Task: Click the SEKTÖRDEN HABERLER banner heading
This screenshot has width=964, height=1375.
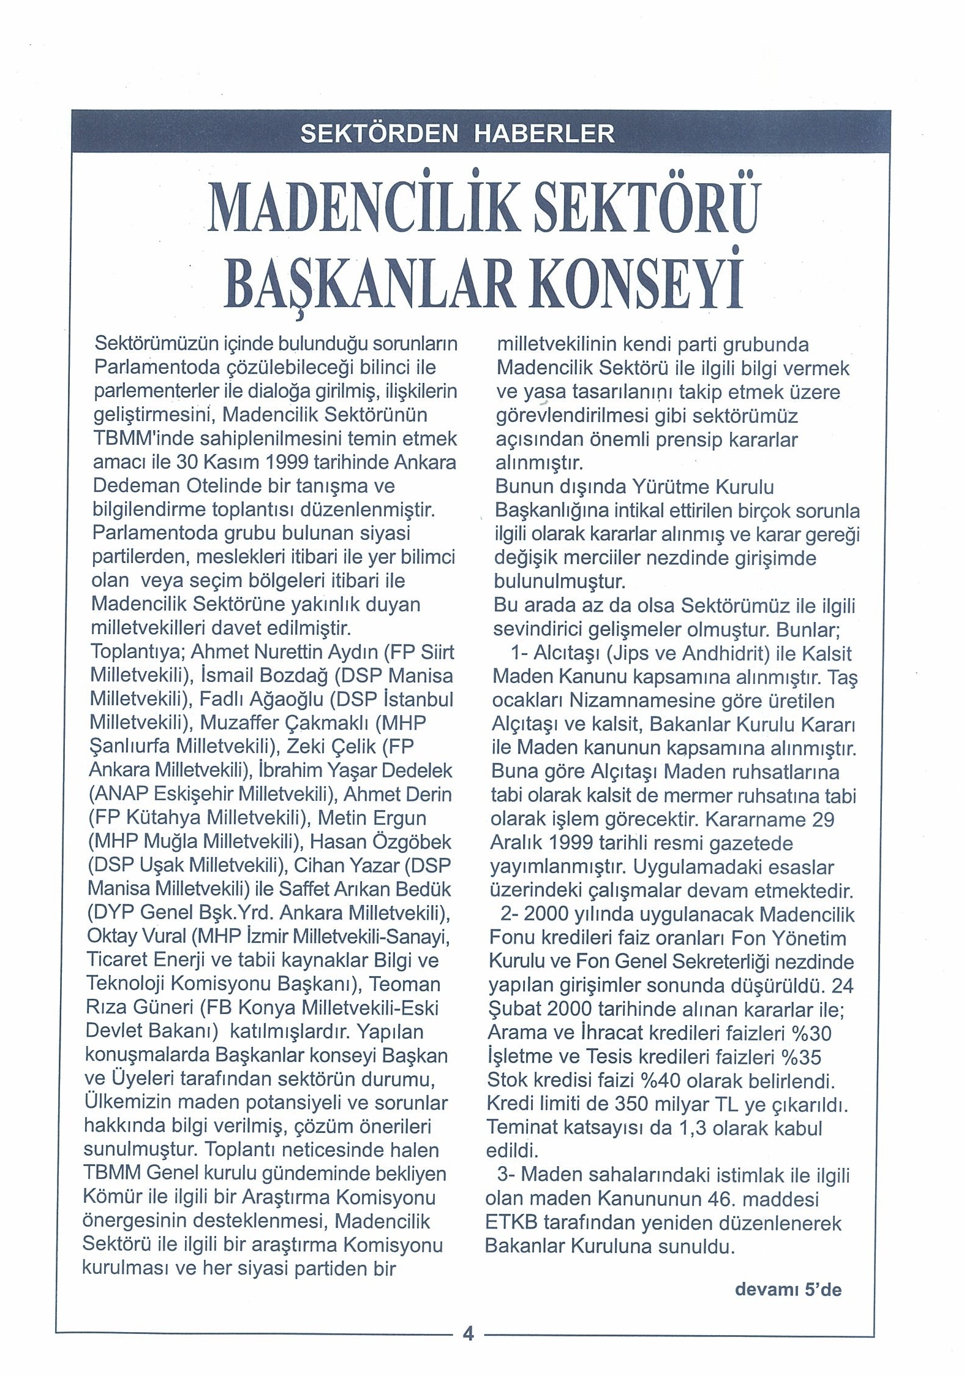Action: pos(457,134)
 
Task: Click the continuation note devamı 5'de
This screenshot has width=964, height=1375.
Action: pos(788,1290)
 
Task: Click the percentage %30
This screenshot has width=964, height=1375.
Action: pos(811,1034)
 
